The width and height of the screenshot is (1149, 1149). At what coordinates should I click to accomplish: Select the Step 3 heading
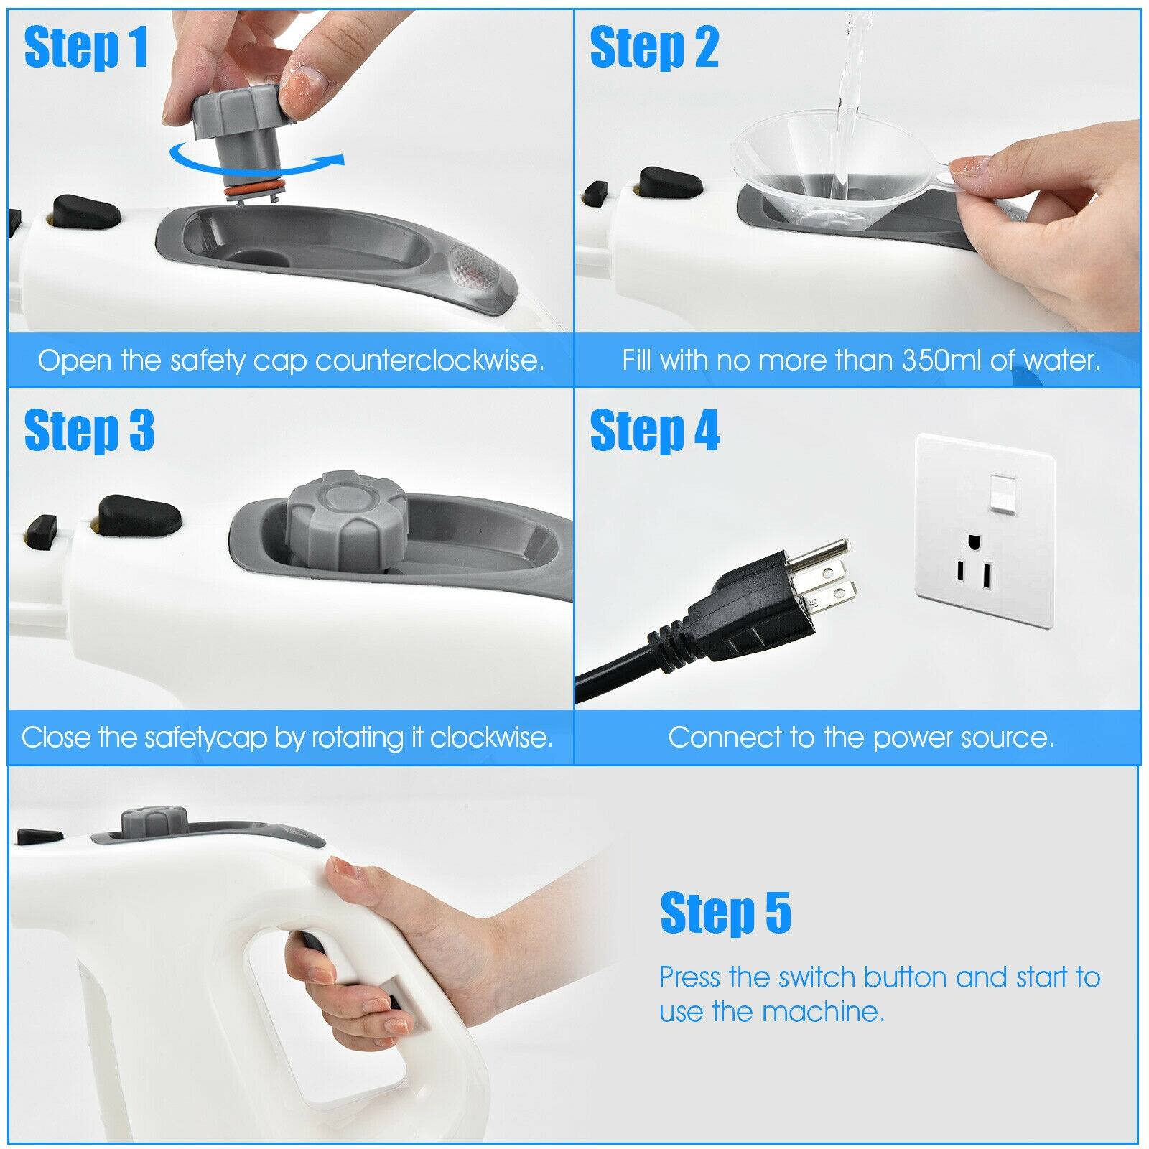(89, 430)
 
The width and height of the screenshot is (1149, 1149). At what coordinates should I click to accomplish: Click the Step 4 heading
(654, 430)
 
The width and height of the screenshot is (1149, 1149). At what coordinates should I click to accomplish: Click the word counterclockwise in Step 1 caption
(429, 360)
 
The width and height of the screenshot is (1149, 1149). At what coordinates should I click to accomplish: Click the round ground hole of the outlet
(972, 539)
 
